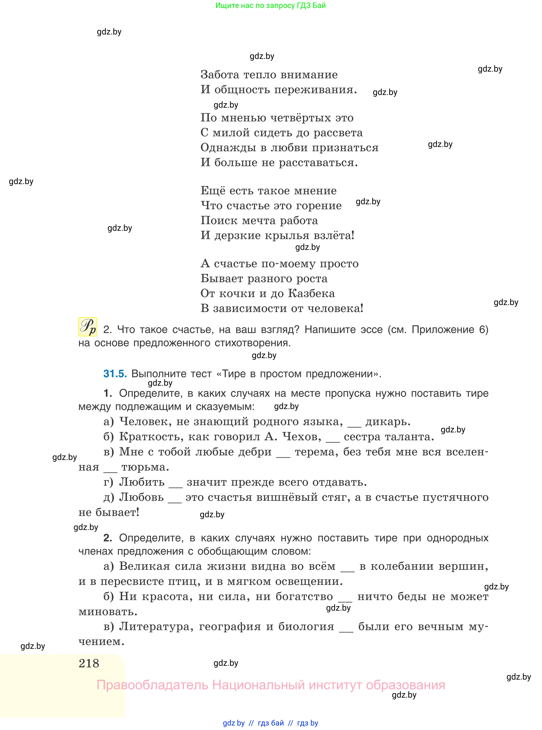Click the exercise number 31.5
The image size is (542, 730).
pyautogui.click(x=115, y=374)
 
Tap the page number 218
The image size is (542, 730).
pyautogui.click(x=89, y=663)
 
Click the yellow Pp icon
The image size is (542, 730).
pyautogui.click(x=88, y=327)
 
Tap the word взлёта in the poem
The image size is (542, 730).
pyautogui.click(x=334, y=235)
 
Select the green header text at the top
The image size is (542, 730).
pyautogui.click(x=271, y=6)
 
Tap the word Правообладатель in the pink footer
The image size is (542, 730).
pyautogui.click(x=152, y=685)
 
